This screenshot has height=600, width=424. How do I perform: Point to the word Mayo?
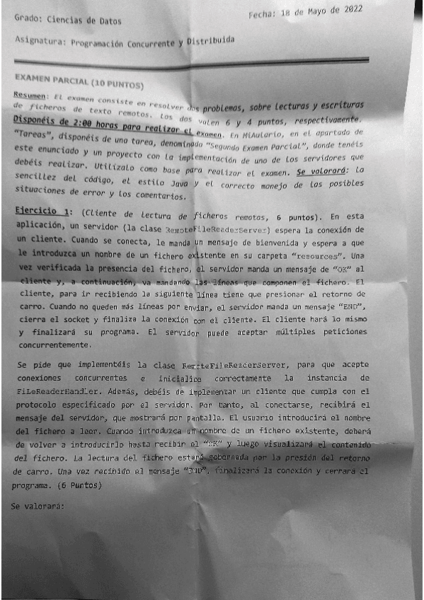point(323,11)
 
